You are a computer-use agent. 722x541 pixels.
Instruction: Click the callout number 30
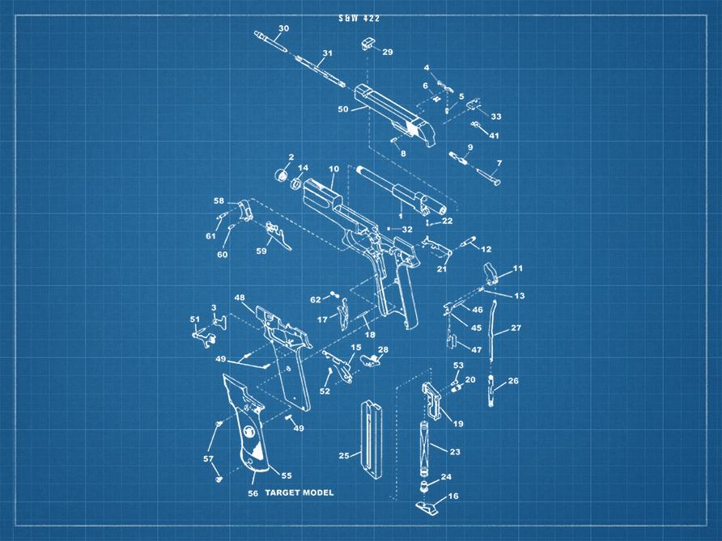point(283,28)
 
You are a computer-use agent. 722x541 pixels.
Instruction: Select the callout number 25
point(344,456)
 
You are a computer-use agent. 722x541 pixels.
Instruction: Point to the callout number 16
point(453,496)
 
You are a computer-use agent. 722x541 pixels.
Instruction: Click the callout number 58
point(219,201)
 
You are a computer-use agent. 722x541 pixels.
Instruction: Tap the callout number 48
point(240,298)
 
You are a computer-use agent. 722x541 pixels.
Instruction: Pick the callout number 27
point(516,328)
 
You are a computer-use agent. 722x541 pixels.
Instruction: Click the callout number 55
point(286,475)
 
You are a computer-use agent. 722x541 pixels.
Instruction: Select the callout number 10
point(333,169)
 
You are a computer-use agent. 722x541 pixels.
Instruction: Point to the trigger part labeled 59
point(281,237)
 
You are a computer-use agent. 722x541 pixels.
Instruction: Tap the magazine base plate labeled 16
point(427,506)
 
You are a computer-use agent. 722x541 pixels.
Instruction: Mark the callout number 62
point(316,299)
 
